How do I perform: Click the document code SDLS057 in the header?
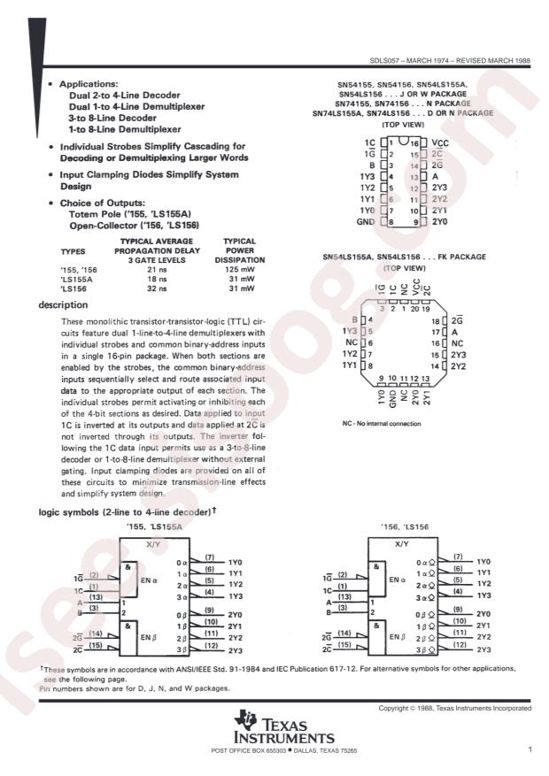(x=386, y=63)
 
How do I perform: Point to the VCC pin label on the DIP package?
(x=441, y=142)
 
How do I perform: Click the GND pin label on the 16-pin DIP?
(x=365, y=223)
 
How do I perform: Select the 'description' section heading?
(x=62, y=304)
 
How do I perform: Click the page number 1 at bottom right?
(x=529, y=749)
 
